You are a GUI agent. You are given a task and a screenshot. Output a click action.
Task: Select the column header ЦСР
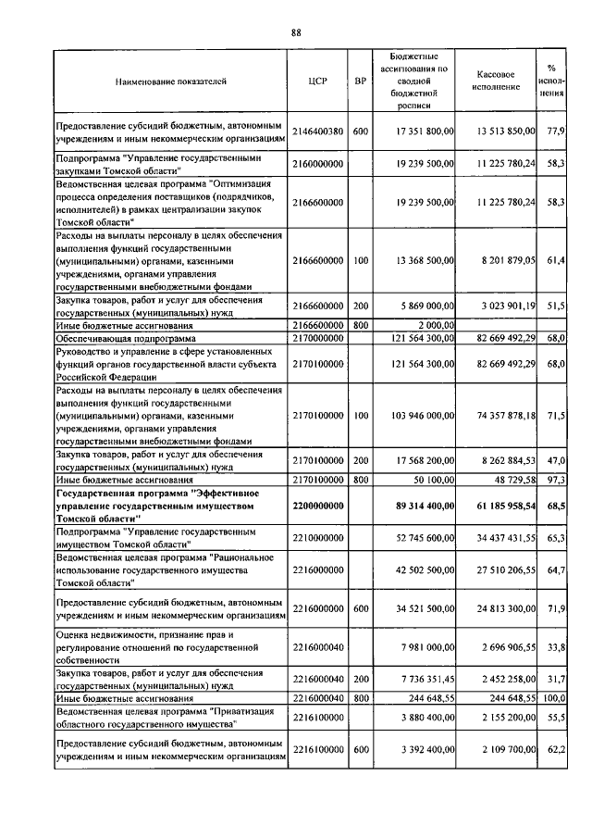[317, 81]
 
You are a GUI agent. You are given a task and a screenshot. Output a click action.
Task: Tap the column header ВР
[361, 81]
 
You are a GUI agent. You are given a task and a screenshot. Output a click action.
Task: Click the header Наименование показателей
[170, 81]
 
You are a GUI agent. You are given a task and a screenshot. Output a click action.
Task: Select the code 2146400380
[317, 131]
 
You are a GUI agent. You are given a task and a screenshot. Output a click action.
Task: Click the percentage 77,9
[555, 131]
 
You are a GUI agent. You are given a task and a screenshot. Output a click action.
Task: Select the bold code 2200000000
[317, 507]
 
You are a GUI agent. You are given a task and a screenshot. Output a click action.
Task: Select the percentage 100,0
[553, 698]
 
